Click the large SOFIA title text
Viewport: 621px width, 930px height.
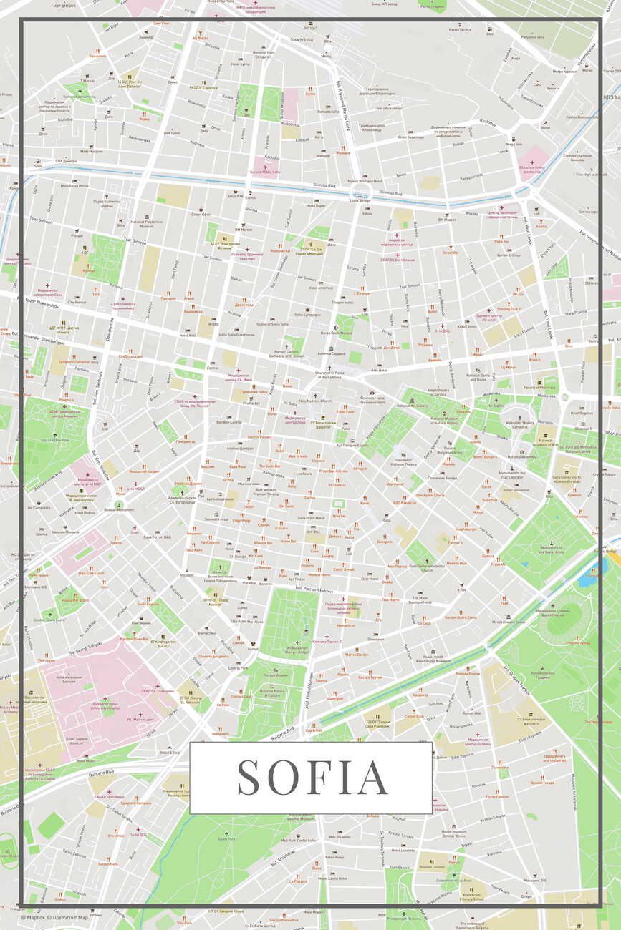click(313, 778)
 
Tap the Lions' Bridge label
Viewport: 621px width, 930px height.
click(360, 200)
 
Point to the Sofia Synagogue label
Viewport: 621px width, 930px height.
click(308, 314)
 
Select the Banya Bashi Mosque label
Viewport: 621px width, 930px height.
click(336, 333)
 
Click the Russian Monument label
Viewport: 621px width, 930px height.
click(119, 509)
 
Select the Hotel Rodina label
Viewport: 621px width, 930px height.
click(84, 512)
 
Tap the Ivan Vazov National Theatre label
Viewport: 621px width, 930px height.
click(403, 462)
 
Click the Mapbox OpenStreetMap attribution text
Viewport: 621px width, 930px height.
click(54, 917)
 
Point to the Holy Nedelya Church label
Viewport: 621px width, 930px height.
click(315, 401)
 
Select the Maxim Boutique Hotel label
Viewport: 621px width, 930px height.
click(365, 181)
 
